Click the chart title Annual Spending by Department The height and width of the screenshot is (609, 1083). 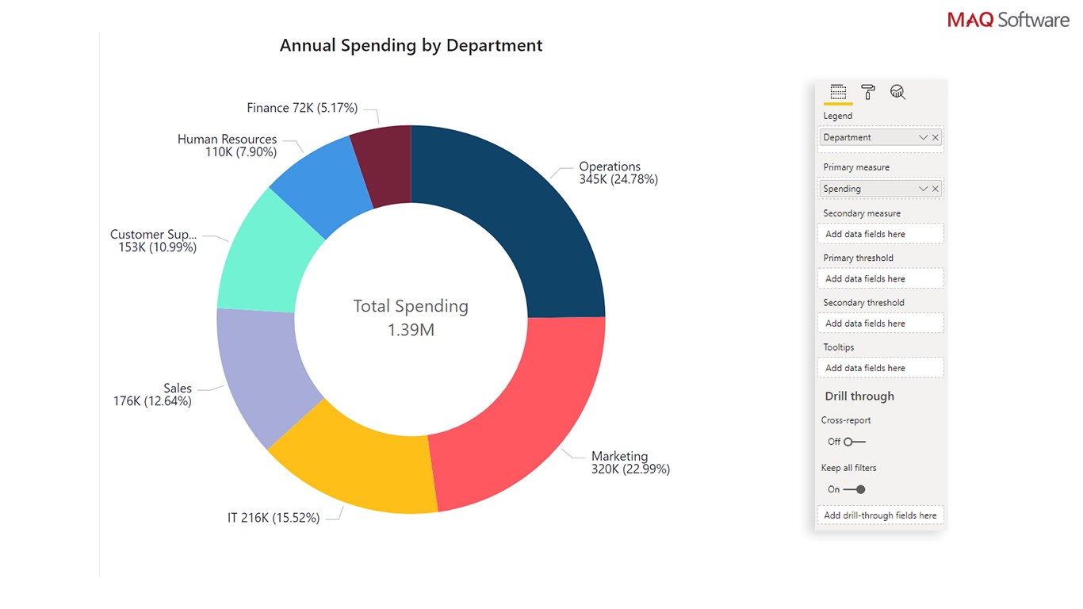coord(411,45)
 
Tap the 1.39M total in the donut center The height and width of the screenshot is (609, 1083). coord(411,329)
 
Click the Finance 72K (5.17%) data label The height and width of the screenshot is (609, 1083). coord(302,108)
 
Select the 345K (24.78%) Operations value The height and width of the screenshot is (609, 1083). coord(618,179)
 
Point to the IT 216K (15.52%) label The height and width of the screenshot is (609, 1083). coord(274,518)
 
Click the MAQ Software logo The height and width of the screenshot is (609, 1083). coord(1008,20)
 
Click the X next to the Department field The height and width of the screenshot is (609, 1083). coord(936,138)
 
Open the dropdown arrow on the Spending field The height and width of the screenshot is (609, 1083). coord(923,189)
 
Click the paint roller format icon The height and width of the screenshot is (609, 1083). coord(868,92)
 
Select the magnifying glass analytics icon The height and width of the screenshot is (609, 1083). coord(897,92)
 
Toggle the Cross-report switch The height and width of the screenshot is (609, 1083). coord(854,442)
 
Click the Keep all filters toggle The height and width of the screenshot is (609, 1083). coord(854,489)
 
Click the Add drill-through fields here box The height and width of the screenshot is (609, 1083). coord(880,515)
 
